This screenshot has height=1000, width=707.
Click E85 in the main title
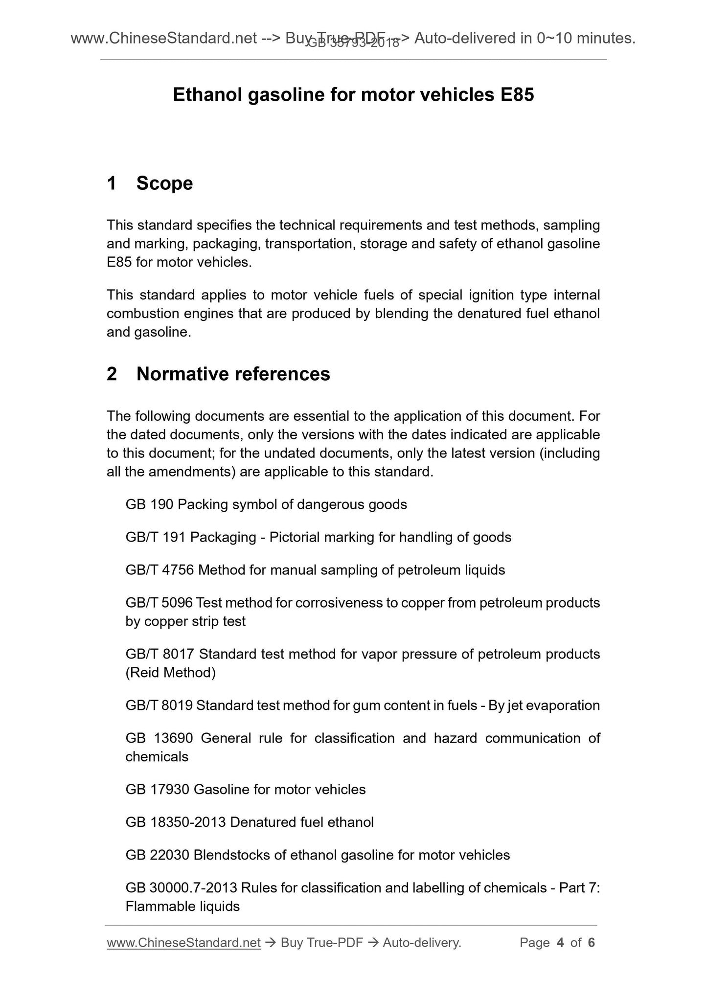point(517,95)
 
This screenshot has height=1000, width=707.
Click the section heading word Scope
point(164,183)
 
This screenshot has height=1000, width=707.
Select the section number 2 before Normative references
point(112,374)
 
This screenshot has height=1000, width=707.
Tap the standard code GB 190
point(149,504)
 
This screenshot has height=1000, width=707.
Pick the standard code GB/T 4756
point(160,570)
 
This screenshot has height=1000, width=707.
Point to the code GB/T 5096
point(159,603)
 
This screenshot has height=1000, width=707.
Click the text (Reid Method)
point(170,673)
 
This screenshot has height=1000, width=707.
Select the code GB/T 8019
point(160,705)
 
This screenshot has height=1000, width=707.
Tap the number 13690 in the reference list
point(173,738)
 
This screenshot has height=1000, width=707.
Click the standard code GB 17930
point(158,790)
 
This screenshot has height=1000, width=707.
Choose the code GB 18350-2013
point(176,822)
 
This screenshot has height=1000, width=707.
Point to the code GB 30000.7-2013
point(181,888)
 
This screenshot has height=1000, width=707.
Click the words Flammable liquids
point(182,907)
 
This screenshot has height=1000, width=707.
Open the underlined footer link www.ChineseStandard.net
point(183,943)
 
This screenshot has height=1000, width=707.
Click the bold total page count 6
point(591,943)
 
